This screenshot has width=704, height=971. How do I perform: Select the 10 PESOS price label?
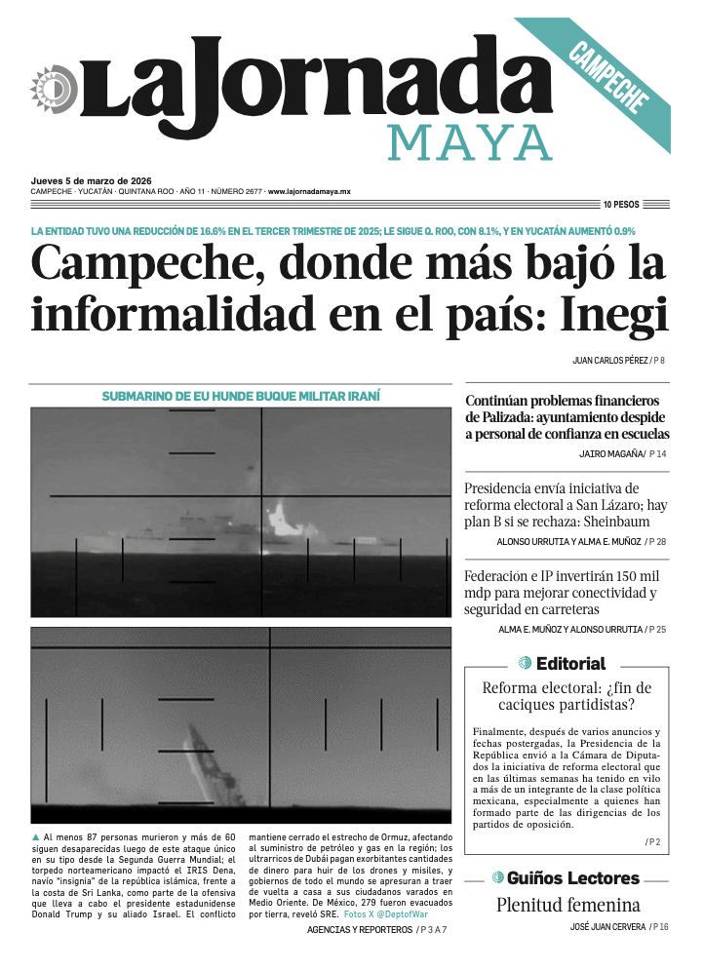[621, 205]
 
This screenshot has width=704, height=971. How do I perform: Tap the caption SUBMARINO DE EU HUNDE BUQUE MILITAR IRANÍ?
[241, 397]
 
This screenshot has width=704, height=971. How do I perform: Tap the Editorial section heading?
[570, 664]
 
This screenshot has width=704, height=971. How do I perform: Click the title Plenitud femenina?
[567, 905]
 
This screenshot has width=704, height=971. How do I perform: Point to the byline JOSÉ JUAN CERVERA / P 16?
[619, 927]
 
